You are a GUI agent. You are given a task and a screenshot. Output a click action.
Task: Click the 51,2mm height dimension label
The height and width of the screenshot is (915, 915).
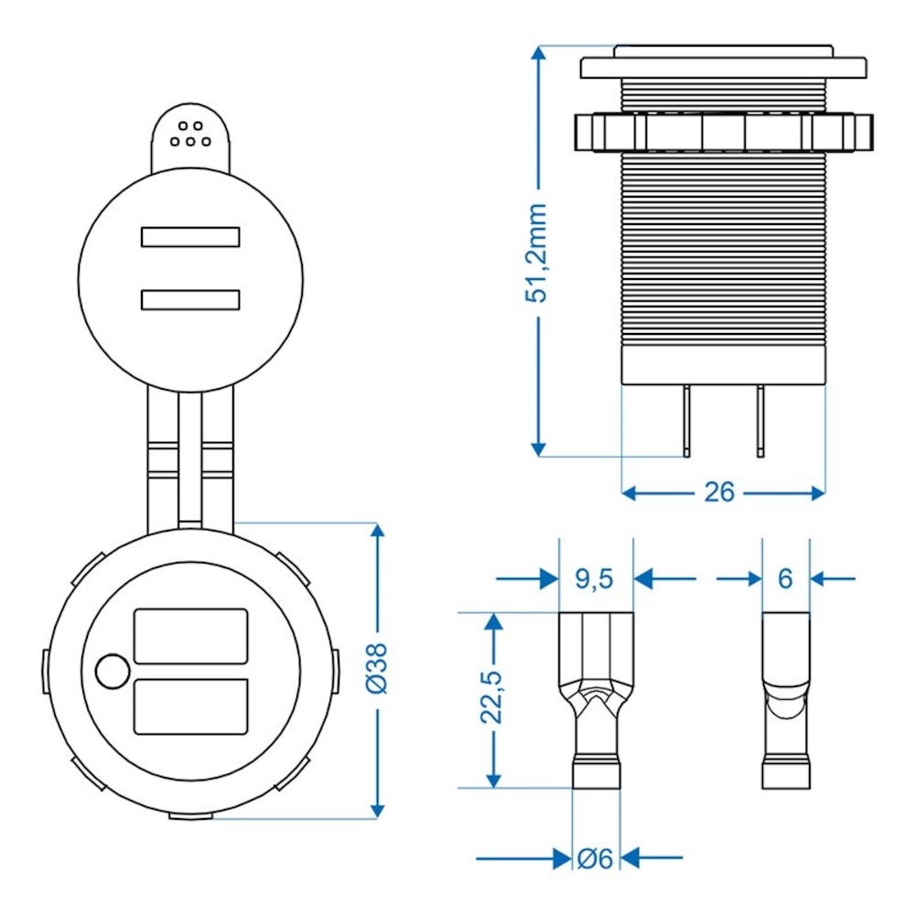tap(540, 253)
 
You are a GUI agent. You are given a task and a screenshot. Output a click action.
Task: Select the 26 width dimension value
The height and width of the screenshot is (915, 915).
tap(719, 492)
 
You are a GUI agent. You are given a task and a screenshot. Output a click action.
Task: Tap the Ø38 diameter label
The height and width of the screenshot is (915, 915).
tap(376, 667)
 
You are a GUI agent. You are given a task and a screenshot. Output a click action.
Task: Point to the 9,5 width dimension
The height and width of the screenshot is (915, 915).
tap(595, 578)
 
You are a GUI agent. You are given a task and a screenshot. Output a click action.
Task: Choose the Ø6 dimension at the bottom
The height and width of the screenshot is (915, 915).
tap(595, 858)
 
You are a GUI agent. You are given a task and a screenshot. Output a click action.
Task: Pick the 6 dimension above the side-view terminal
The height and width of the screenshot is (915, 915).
tap(785, 578)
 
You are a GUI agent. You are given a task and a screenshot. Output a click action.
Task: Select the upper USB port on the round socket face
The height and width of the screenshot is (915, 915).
tap(190, 636)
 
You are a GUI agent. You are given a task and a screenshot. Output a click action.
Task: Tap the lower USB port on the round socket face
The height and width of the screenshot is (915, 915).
tap(190, 706)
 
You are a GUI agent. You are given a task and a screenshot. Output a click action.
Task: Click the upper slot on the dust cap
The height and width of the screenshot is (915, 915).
tap(190, 237)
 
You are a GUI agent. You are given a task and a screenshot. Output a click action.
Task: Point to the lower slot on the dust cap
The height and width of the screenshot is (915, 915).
tap(190, 300)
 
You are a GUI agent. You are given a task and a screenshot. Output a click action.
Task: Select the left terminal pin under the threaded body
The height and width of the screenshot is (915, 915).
tap(686, 420)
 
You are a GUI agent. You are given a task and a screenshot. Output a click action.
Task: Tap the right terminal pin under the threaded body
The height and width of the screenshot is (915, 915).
tap(759, 420)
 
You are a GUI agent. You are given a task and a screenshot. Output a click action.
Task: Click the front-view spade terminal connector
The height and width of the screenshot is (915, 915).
tap(596, 700)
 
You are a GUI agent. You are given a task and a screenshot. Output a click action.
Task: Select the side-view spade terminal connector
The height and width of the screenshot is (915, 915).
tap(786, 700)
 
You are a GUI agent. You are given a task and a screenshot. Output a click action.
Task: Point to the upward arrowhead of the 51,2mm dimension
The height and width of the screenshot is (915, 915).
tap(540, 55)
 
